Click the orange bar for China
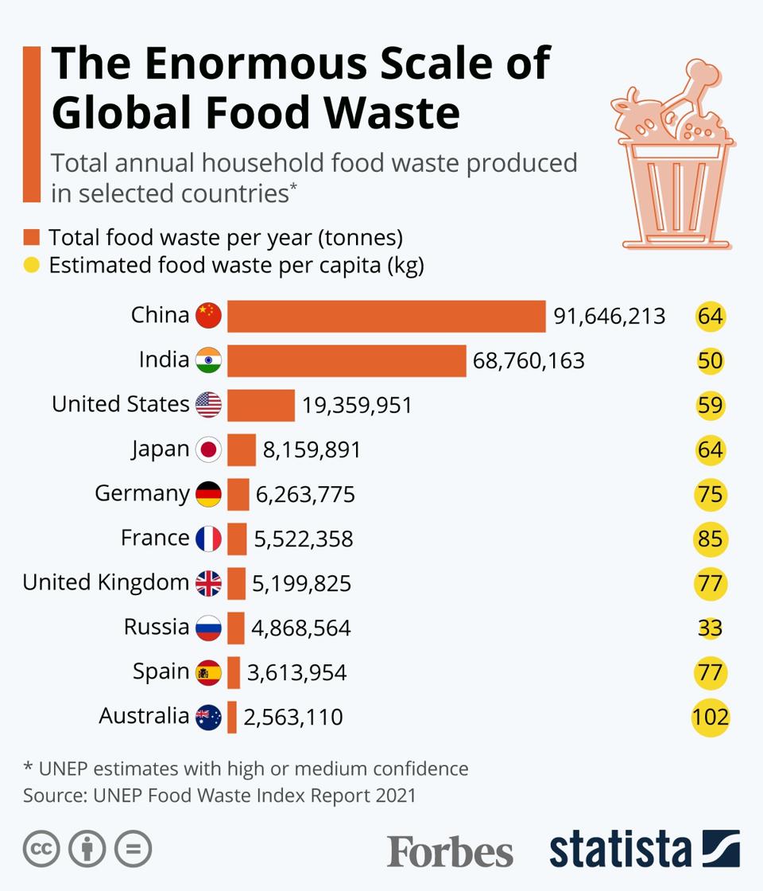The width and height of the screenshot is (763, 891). [386, 316]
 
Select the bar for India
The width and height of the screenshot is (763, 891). [347, 360]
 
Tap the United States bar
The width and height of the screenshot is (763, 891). [261, 405]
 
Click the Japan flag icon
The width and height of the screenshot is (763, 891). [208, 450]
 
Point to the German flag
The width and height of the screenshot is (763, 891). [208, 495]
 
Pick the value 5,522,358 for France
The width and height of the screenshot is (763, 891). [304, 539]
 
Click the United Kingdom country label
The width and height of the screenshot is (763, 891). [106, 582]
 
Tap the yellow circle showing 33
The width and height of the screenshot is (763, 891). [710, 628]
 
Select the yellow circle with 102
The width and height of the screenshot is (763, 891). [710, 718]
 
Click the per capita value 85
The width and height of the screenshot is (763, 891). [710, 539]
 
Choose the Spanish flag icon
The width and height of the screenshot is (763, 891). [208, 673]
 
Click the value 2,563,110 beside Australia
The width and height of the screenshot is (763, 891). [293, 718]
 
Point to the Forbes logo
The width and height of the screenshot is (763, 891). [450, 851]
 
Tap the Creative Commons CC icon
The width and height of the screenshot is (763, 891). [41, 849]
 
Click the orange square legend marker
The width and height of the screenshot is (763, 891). [32, 237]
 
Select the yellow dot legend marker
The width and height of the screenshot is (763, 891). [32, 265]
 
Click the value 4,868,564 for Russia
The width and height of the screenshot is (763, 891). [301, 628]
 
